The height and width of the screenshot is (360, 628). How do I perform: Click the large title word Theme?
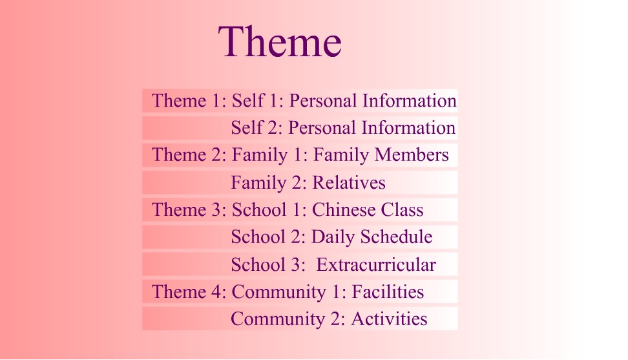click(280, 41)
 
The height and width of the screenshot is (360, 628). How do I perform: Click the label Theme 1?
click(189, 101)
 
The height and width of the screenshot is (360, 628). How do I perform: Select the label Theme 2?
click(189, 154)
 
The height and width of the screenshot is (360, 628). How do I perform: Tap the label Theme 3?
click(189, 210)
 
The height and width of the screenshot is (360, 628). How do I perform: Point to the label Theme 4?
click(189, 291)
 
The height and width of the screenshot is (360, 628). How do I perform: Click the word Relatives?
click(349, 183)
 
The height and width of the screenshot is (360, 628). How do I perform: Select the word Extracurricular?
click(376, 265)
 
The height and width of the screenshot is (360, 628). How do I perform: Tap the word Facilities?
click(388, 291)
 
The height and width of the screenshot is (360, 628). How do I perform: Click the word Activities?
click(390, 319)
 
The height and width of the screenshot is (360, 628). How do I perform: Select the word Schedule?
click(397, 237)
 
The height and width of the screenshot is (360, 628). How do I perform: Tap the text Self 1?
click(258, 101)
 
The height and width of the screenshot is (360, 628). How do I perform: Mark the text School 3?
click(268, 265)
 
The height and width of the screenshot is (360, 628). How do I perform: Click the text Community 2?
click(288, 319)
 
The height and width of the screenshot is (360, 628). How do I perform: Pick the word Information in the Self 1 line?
click(410, 101)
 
